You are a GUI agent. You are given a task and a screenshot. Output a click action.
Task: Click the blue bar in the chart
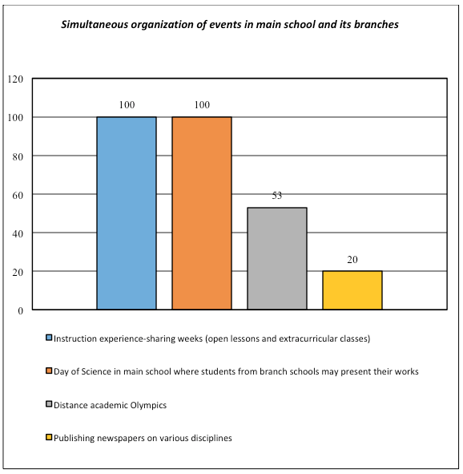coord(127,213)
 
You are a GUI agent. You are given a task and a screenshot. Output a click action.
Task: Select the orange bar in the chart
coord(202,213)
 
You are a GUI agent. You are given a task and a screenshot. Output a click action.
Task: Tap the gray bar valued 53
coord(277,258)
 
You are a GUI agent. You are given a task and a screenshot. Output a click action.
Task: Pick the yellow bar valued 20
coord(352,290)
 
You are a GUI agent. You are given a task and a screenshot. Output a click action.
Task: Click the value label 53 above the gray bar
coord(277,196)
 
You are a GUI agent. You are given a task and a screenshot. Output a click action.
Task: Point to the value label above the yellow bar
coord(352,260)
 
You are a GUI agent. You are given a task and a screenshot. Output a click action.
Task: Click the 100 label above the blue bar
coord(127,105)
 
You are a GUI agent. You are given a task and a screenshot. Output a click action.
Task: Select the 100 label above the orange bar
coord(202,105)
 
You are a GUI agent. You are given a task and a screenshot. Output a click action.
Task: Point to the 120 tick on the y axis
coord(15,79)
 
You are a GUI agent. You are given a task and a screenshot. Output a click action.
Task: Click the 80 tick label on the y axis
coord(18,156)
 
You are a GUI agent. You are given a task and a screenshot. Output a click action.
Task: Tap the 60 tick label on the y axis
coord(18,195)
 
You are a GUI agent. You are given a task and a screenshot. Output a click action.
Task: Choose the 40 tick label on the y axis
coord(18,233)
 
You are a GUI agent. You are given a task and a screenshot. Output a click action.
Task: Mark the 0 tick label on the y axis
coord(21,311)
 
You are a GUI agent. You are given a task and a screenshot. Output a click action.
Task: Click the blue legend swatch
coord(49,338)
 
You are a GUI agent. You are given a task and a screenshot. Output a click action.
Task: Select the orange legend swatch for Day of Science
coord(49,371)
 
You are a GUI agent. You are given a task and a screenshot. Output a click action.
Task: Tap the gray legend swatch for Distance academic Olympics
coord(49,404)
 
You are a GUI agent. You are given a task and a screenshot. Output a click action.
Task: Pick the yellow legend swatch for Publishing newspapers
coord(49,437)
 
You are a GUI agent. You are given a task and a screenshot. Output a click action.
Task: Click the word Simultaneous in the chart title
coord(95,25)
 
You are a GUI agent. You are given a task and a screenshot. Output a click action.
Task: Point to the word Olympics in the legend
coord(148,405)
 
